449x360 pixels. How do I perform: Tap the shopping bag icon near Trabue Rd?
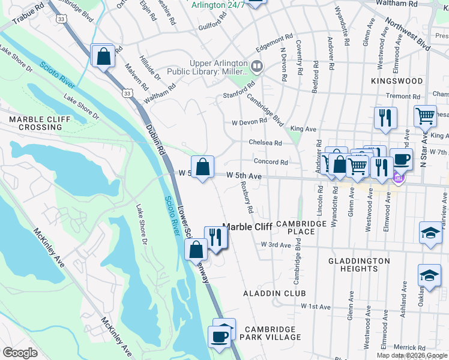pos(103,56)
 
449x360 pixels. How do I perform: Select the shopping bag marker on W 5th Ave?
pos(202,167)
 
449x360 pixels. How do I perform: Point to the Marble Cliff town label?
pos(247,227)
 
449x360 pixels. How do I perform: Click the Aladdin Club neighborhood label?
pos(274,293)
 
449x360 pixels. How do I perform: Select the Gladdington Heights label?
pos(360,265)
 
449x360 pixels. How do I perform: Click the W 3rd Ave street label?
pos(276,245)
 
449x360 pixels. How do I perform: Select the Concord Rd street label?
pos(271,162)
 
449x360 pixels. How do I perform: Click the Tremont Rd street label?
pos(415,96)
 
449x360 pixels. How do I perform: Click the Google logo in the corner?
pos(20,352)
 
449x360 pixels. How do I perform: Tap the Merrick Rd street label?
pos(409,347)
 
